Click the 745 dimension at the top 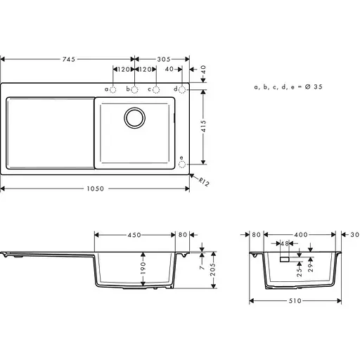click(67, 60)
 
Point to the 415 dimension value click(204, 127)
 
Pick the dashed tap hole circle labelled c click(156, 89)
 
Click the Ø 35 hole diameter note click(288, 86)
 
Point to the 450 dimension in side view click(134, 235)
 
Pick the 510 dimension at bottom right click(296, 300)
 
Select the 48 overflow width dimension click(285, 243)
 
